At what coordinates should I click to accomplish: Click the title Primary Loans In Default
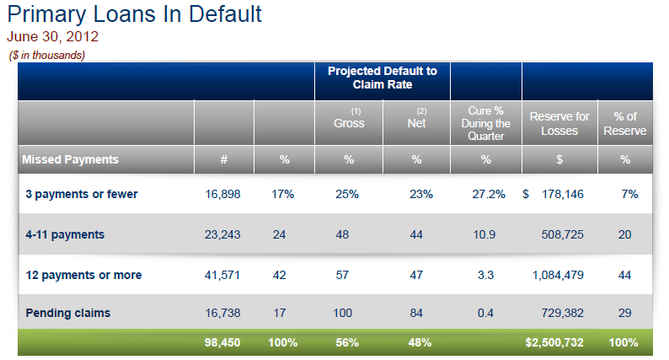coord(134,14)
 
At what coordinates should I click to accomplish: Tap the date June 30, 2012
coord(52,37)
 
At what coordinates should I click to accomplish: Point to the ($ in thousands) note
coord(47,55)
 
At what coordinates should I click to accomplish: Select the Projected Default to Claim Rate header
coord(382,78)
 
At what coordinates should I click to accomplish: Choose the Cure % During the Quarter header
coord(485,123)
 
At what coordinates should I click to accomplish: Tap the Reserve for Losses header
coord(559,123)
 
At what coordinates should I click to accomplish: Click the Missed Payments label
coord(70,159)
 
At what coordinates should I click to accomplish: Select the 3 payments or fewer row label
coord(81,194)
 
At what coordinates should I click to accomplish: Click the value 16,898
coord(222,194)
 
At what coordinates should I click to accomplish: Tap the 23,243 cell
coord(222,234)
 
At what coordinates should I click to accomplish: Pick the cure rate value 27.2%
coord(489,194)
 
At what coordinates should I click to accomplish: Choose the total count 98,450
coord(222,342)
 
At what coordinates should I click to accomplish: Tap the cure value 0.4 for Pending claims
coord(485,313)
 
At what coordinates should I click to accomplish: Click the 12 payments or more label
coord(83,275)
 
